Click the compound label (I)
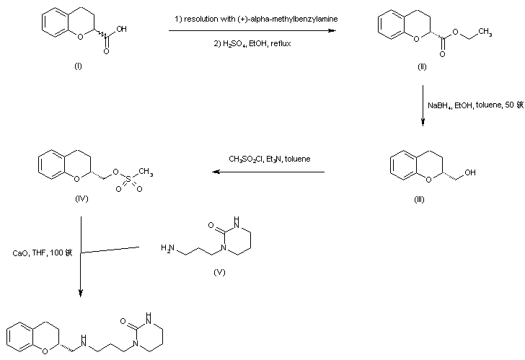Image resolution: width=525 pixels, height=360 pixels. pyautogui.click(x=78, y=66)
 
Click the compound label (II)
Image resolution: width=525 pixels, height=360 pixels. pyautogui.click(x=422, y=66)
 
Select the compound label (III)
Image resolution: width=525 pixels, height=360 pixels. pyautogui.click(x=419, y=200)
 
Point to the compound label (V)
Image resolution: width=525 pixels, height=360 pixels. pyautogui.click(x=220, y=273)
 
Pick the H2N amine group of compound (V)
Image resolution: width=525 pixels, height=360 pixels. pyautogui.click(x=168, y=249)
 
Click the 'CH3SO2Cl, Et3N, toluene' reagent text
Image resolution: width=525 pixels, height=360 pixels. pyautogui.click(x=269, y=159)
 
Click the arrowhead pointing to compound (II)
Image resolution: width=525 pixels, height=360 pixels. pyautogui.click(x=334, y=31)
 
